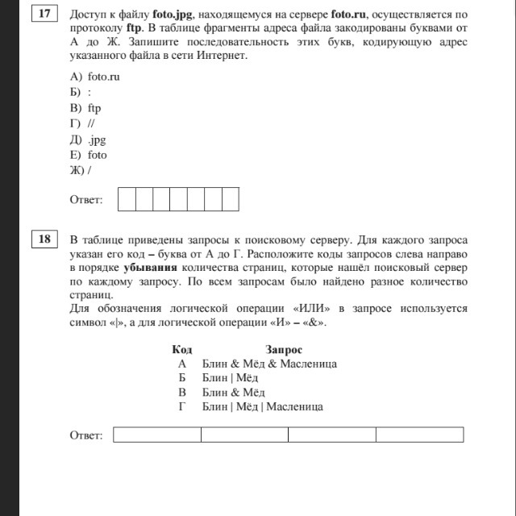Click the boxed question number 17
pos(44,15)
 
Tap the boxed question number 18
pos(44,239)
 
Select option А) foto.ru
pos(94,77)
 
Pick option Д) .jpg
pos(88,139)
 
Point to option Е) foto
pos(88,155)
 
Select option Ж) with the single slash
pos(81,171)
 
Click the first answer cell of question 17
pos(127,198)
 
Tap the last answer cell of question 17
pos(231,198)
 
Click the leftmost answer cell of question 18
pos(157,435)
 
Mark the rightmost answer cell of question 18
pos(419,435)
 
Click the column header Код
pos(182,349)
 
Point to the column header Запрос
pos(284,349)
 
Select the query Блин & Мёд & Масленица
pos(269,364)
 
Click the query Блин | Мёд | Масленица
pos(263,407)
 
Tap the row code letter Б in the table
pos(182,378)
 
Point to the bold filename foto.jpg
pos(172,15)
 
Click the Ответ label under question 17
pos(86,199)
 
